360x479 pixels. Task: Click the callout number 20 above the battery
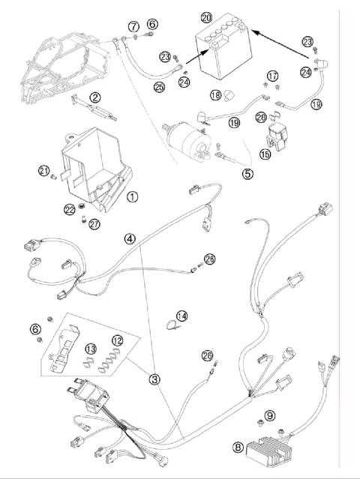[x=207, y=16]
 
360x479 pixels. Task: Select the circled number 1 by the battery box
[x=132, y=197]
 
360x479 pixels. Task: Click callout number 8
[x=238, y=448]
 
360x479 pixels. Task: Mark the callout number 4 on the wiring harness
[x=130, y=239]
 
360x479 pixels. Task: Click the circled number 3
[x=154, y=379]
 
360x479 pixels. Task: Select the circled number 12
[x=116, y=341]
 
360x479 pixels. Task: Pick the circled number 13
[x=91, y=349]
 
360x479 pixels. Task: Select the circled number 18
[x=215, y=95]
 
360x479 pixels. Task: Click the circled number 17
[x=273, y=76]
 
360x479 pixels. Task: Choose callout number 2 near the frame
[x=95, y=97]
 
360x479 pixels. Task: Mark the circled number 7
[x=133, y=27]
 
